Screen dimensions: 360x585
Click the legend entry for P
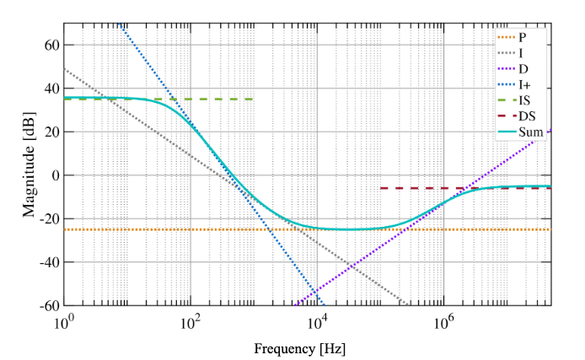coord(523,37)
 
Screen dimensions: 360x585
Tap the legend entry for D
coord(523,67)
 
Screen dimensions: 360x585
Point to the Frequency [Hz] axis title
coord(300,347)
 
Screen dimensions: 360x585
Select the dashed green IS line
coord(211,99)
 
